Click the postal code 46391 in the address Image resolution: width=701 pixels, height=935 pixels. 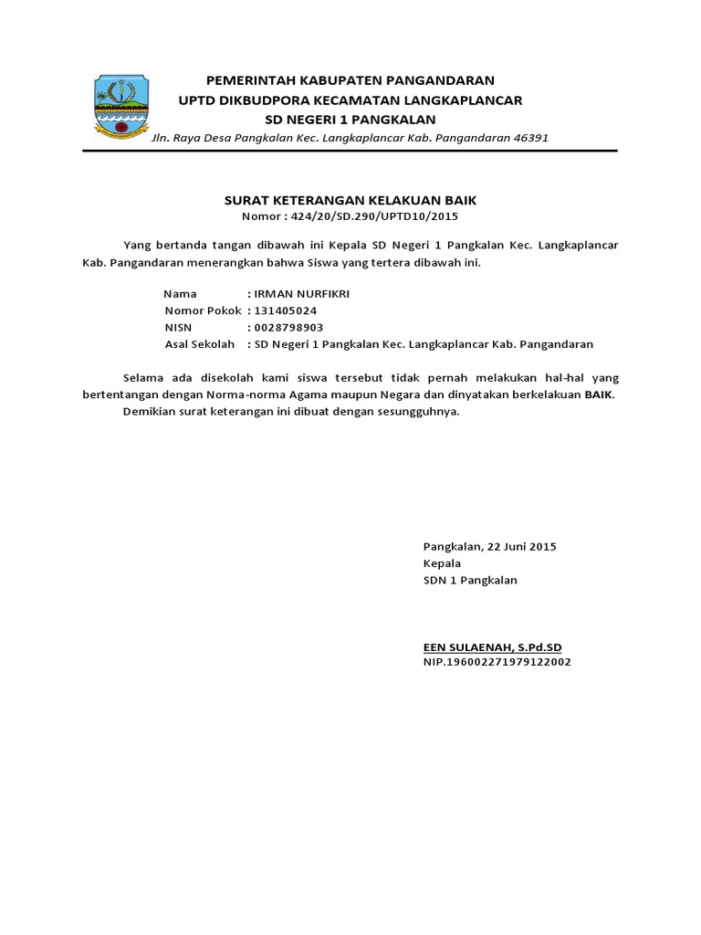(528, 138)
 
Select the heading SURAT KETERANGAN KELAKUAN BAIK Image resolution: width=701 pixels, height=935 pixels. (350, 200)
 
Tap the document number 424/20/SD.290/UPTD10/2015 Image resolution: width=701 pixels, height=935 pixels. (373, 216)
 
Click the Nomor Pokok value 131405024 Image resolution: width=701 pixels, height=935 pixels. (286, 310)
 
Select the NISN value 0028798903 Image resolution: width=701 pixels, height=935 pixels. (288, 328)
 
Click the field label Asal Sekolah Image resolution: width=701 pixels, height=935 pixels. (200, 344)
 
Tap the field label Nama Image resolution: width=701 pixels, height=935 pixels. (180, 294)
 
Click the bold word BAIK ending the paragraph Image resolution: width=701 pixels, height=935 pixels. (599, 394)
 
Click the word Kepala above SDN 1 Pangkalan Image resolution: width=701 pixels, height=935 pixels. (443, 563)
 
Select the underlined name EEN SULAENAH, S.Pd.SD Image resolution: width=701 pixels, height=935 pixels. (493, 647)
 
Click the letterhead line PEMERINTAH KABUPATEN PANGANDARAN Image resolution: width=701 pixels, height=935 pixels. (350, 80)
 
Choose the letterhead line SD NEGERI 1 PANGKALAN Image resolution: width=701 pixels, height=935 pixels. (350, 120)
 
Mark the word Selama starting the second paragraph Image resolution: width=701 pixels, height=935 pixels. (145, 377)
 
